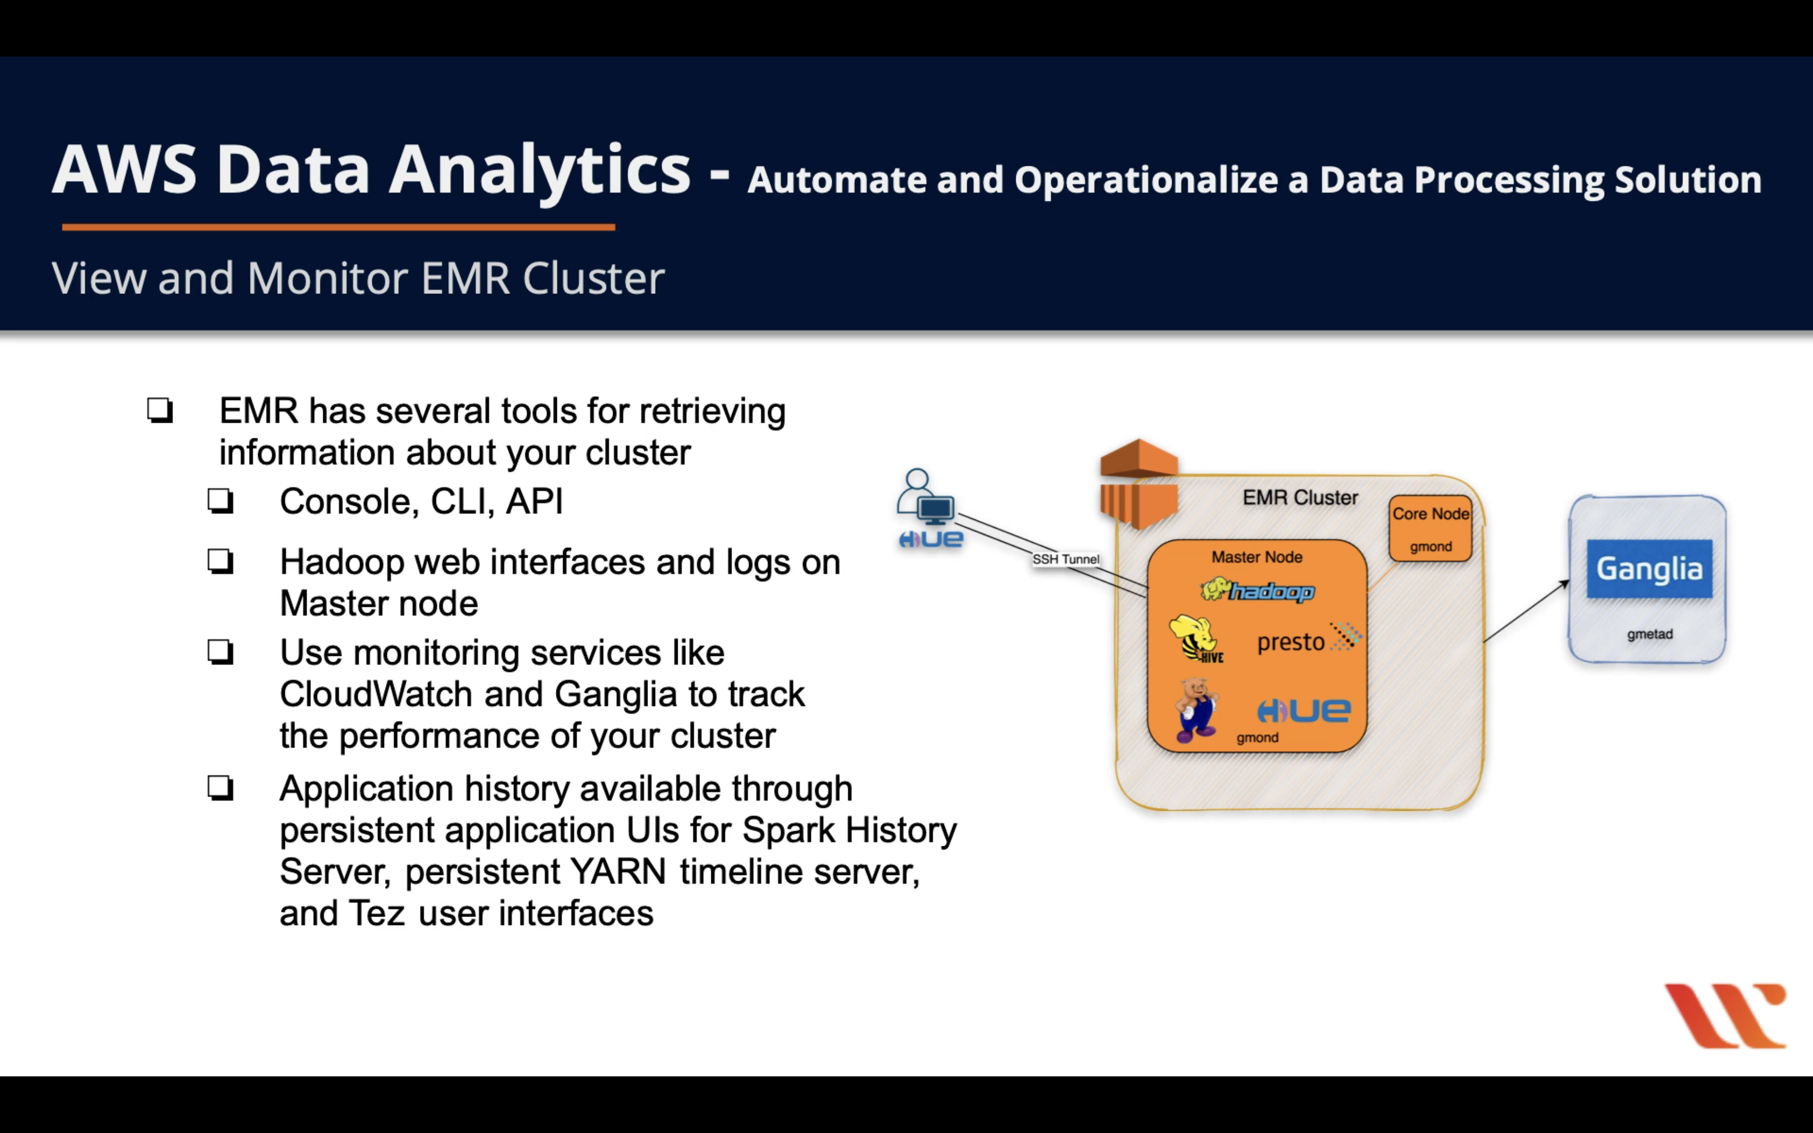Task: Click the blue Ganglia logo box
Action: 1649,569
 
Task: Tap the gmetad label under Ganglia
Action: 1649,634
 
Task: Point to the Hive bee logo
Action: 1196,638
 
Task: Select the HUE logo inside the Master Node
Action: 1304,710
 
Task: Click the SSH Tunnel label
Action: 1065,559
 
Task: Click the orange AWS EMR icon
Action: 1139,484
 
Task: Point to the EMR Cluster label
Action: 1300,498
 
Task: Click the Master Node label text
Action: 1257,557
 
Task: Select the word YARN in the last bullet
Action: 618,871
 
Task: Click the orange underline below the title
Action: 338,226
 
